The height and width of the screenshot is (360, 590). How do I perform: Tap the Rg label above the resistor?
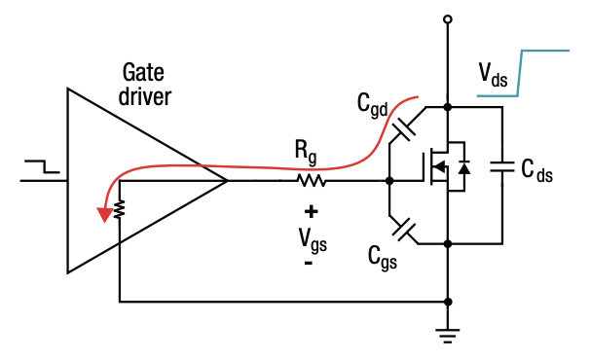click(308, 152)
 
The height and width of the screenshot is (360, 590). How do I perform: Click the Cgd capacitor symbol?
click(405, 126)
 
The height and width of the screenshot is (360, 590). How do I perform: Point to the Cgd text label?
click(375, 104)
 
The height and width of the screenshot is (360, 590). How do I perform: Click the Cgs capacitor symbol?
click(405, 231)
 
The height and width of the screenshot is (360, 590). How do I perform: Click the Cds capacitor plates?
click(502, 167)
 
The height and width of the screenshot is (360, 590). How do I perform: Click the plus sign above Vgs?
click(311, 210)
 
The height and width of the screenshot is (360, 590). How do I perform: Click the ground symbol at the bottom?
click(447, 337)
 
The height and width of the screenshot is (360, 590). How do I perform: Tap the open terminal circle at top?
click(447, 18)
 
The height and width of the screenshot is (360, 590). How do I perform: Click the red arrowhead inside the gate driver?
click(101, 213)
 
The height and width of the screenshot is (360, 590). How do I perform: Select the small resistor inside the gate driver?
click(119, 209)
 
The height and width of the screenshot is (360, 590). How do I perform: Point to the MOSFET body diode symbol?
click(464, 168)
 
